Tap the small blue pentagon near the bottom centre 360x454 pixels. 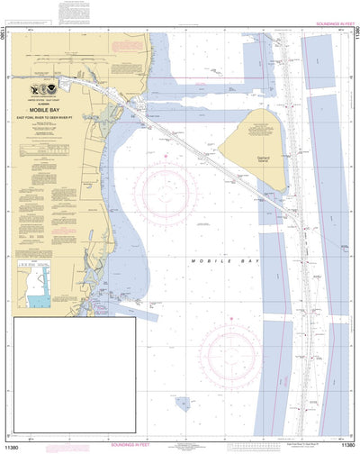coord(183,404)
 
